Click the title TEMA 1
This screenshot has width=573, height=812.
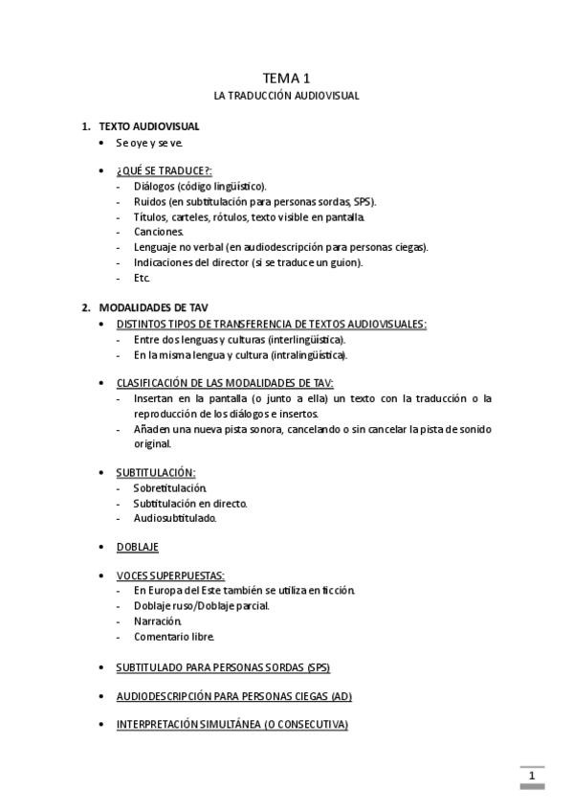click(286, 78)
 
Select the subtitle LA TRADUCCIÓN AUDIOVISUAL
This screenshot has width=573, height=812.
click(286, 97)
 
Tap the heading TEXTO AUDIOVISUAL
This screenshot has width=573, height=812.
click(149, 125)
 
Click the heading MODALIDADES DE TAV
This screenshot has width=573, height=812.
click(153, 307)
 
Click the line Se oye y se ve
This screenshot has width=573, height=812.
click(149, 143)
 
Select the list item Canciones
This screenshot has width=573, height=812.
click(159, 232)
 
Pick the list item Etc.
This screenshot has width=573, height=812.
click(143, 278)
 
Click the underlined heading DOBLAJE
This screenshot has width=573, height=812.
click(137, 547)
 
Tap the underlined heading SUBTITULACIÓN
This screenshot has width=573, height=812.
click(156, 472)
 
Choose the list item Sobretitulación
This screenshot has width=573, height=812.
click(170, 487)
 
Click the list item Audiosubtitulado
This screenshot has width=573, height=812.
click(175, 518)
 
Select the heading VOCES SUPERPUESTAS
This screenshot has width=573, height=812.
click(170, 575)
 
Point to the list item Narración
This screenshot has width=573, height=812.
click(158, 620)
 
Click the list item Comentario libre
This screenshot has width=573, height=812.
click(174, 636)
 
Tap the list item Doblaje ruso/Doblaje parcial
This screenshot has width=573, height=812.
click(202, 605)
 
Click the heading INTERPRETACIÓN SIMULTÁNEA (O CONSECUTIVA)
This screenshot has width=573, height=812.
click(231, 724)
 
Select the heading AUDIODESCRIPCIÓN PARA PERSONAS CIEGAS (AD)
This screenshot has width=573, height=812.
click(240, 695)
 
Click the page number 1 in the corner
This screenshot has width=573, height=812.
click(531, 775)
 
